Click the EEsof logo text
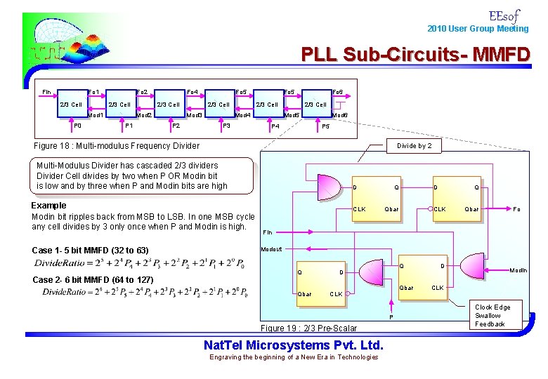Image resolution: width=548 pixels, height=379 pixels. [x=503, y=15]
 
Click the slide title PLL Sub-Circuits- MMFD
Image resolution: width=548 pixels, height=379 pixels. [x=415, y=54]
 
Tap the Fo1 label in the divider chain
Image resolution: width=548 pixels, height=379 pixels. [x=93, y=92]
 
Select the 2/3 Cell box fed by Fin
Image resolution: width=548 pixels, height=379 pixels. [x=70, y=105]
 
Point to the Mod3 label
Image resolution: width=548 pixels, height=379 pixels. [x=195, y=115]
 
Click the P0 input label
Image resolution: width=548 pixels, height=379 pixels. [x=78, y=126]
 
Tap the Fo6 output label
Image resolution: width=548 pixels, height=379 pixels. [x=337, y=92]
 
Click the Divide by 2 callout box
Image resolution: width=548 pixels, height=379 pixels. [x=414, y=146]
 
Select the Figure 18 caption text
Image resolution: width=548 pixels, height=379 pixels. [x=117, y=146]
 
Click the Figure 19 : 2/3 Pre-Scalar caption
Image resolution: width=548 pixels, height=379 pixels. [x=309, y=328]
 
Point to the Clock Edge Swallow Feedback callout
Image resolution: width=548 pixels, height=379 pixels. [x=492, y=315]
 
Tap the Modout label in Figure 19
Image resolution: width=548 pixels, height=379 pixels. [x=271, y=249]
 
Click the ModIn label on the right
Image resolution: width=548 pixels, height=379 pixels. [x=518, y=270]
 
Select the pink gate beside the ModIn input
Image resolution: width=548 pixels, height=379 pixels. [x=372, y=270]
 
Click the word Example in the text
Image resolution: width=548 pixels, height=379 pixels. [x=49, y=206]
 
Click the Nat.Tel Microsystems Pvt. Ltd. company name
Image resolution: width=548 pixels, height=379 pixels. [x=293, y=345]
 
